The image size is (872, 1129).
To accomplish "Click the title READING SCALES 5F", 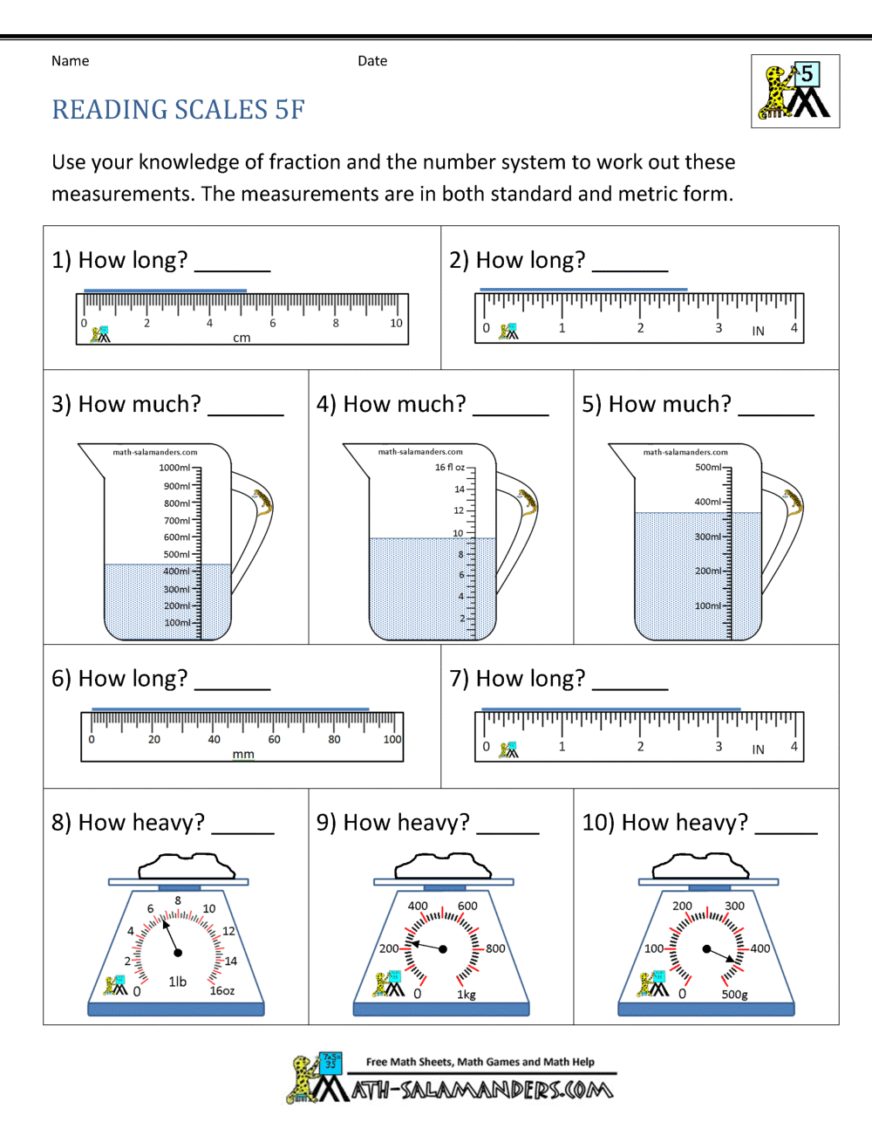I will click(178, 110).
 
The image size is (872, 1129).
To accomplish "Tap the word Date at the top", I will click(372, 61).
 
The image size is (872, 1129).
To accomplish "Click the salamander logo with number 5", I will click(795, 92).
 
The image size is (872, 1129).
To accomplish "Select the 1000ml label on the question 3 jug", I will click(174, 468).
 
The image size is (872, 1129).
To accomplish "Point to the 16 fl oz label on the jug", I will click(450, 468).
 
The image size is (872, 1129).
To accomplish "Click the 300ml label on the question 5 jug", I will click(708, 537).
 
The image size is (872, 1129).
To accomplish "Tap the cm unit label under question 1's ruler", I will click(242, 338).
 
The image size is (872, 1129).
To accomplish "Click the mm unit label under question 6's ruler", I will click(243, 754).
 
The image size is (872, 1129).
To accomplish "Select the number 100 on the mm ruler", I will click(392, 739).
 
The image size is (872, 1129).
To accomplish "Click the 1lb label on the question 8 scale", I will click(178, 982).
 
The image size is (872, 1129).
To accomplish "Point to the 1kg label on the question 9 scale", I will click(467, 995).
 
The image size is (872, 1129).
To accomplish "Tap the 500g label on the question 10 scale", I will click(734, 995).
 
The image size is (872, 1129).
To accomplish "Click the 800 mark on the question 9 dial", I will click(495, 948).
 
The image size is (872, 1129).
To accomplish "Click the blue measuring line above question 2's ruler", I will click(582, 289).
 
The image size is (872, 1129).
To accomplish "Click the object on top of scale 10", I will click(700, 866).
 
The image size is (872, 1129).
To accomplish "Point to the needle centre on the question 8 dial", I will click(179, 951).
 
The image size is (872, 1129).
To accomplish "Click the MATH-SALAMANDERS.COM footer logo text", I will click(482, 1090).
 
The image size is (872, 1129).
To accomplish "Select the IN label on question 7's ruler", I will click(758, 749).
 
